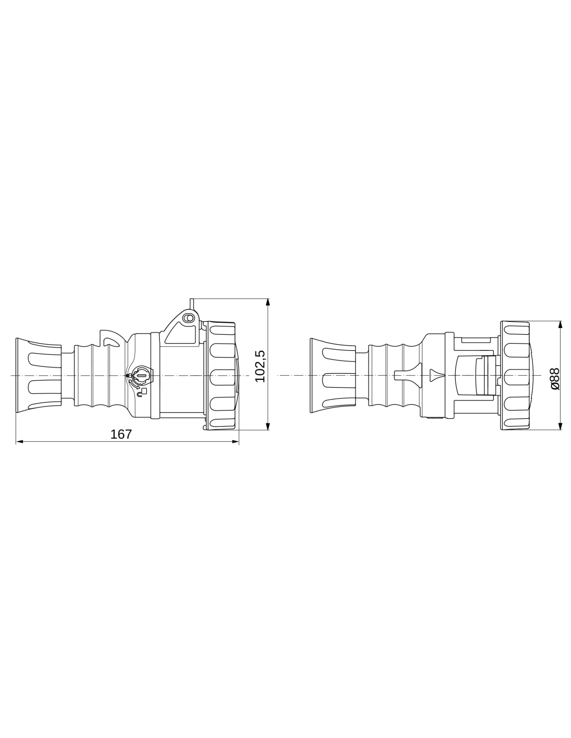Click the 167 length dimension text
120,434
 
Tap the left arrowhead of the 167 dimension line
20,442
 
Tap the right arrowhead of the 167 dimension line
235,442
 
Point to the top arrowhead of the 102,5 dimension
268,302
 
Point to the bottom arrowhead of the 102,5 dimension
268,426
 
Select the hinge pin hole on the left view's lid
188,318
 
